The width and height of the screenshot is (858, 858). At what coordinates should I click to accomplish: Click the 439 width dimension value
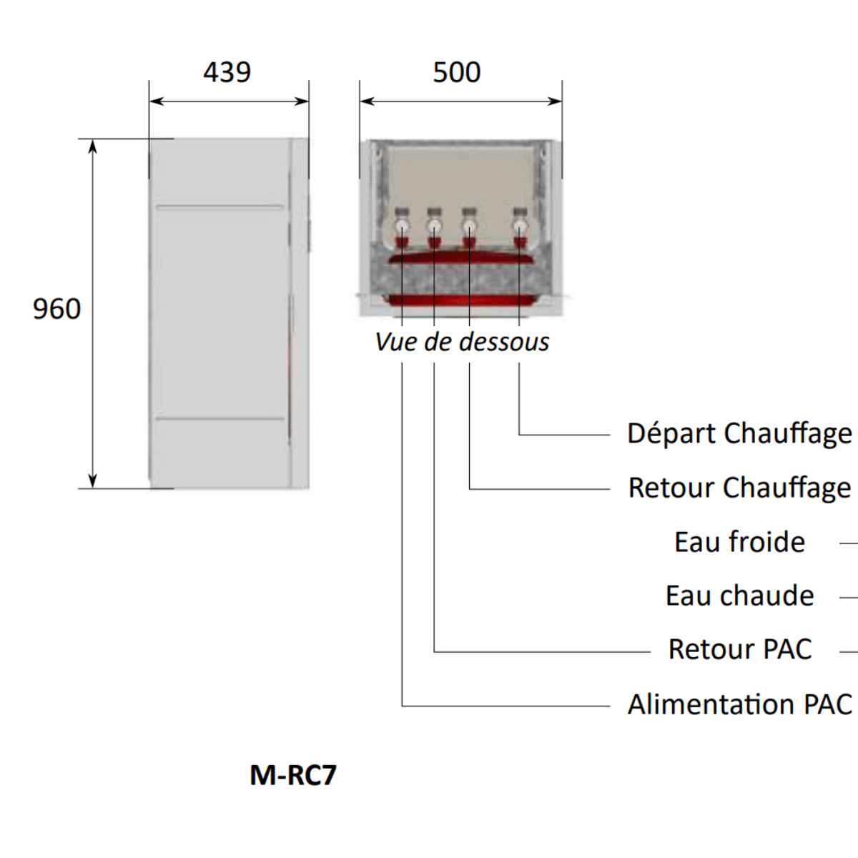click(227, 72)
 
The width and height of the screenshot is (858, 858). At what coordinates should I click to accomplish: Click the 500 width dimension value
click(457, 72)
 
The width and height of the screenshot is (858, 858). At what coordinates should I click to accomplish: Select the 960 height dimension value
click(57, 309)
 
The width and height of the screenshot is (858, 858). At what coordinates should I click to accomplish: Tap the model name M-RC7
click(293, 775)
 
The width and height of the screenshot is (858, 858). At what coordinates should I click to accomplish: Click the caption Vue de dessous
click(462, 342)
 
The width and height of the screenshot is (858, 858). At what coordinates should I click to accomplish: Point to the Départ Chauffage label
click(739, 434)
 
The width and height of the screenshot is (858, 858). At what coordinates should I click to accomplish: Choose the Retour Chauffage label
click(739, 488)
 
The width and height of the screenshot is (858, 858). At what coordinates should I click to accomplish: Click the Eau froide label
click(739, 542)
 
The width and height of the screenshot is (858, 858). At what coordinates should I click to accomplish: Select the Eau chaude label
click(739, 596)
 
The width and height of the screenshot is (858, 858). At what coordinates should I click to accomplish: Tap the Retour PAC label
click(740, 650)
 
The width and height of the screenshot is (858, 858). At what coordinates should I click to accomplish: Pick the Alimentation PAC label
click(739, 705)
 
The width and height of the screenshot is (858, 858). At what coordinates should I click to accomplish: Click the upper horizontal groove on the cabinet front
click(220, 207)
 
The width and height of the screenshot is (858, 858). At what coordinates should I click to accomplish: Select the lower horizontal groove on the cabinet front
click(220, 418)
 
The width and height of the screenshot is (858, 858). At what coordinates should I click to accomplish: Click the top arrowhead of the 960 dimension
click(92, 146)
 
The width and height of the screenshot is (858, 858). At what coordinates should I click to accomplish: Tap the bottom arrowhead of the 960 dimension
click(92, 481)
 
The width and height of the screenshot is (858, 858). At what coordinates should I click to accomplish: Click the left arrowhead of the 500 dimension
click(368, 102)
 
